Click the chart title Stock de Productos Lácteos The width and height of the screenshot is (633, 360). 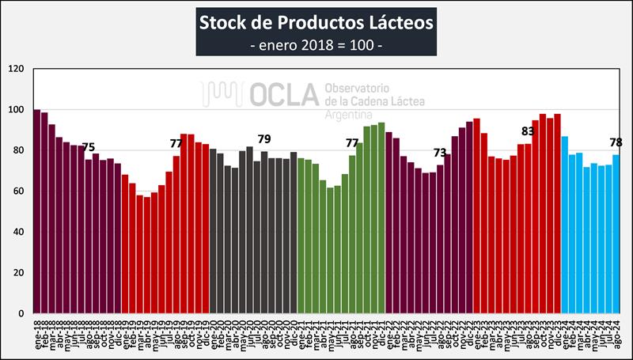[316, 21]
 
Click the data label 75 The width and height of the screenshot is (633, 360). [89, 147]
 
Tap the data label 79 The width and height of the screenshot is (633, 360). [264, 139]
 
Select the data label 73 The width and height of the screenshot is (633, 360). [440, 152]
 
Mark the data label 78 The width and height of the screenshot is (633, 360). [616, 142]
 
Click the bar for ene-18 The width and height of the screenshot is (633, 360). [36, 211]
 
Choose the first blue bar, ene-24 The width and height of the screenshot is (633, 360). [564, 225]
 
